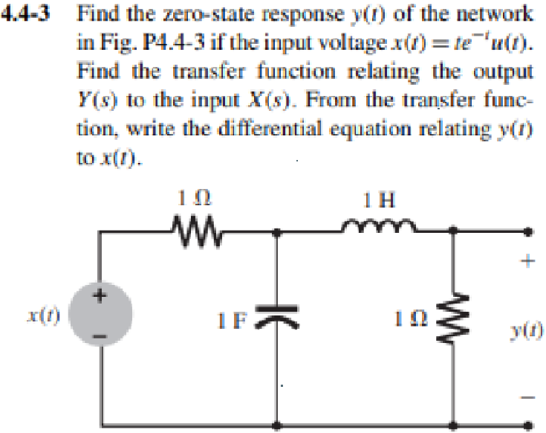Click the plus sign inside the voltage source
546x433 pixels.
pos(98,297)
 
